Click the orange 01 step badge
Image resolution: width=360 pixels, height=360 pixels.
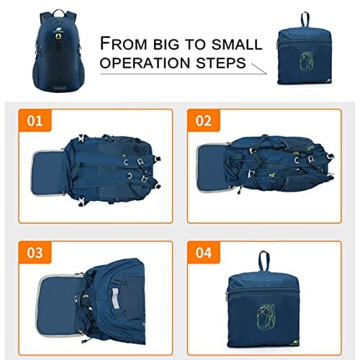pos(35,120)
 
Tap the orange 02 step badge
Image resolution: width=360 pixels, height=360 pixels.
pos(204,120)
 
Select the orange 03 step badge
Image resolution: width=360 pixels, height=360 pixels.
pos(35,253)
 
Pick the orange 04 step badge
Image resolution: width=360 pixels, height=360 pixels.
pos(204,253)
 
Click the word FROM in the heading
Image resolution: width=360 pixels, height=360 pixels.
pos(123,43)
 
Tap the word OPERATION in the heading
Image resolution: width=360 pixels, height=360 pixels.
pos(145,63)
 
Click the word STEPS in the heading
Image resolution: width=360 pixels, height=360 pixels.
pos(221,63)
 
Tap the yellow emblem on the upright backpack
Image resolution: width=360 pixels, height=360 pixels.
pos(58,36)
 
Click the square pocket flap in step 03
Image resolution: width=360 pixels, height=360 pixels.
pos(58,305)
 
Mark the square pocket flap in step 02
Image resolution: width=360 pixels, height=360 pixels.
pos(211,167)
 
